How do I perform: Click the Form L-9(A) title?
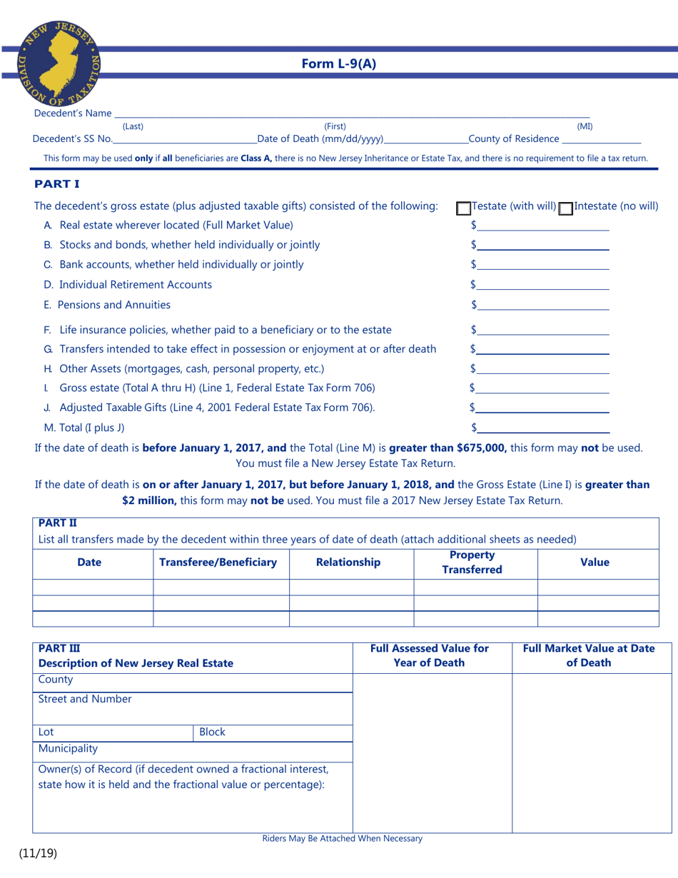click(338, 64)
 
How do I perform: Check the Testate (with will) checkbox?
click(463, 208)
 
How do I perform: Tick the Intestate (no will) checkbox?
click(566, 208)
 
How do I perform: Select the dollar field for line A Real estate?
click(543, 225)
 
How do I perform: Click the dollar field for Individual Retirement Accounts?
click(543, 284)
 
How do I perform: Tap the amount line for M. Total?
click(543, 428)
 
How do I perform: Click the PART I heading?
click(57, 184)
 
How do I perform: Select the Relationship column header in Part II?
click(348, 562)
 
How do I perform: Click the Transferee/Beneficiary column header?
click(218, 562)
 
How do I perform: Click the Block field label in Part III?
click(212, 732)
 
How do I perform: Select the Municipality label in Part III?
click(68, 749)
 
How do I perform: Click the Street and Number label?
click(84, 699)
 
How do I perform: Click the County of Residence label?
click(514, 139)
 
